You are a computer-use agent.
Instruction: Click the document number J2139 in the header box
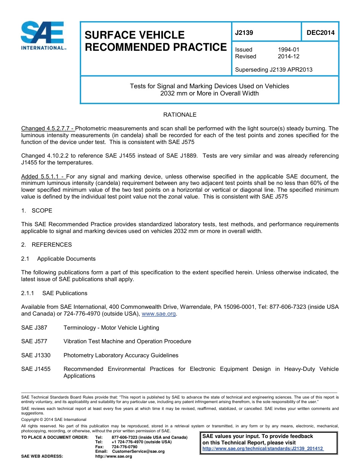(244, 33)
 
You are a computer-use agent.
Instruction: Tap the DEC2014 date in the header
(320, 33)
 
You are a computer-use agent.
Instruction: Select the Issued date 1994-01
(288, 50)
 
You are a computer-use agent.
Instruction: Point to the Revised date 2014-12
(288, 56)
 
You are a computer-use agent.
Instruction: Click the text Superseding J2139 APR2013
(274, 70)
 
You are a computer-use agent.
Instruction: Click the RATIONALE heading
(180, 115)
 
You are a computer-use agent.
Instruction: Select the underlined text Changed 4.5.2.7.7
(48, 128)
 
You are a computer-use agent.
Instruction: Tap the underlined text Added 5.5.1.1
(43, 177)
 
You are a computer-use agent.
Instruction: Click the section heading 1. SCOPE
(37, 211)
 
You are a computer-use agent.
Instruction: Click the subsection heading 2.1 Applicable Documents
(58, 259)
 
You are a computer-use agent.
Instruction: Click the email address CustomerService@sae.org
(138, 451)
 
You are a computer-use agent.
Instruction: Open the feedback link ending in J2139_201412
(263, 449)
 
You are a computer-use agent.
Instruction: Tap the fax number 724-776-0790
(124, 447)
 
